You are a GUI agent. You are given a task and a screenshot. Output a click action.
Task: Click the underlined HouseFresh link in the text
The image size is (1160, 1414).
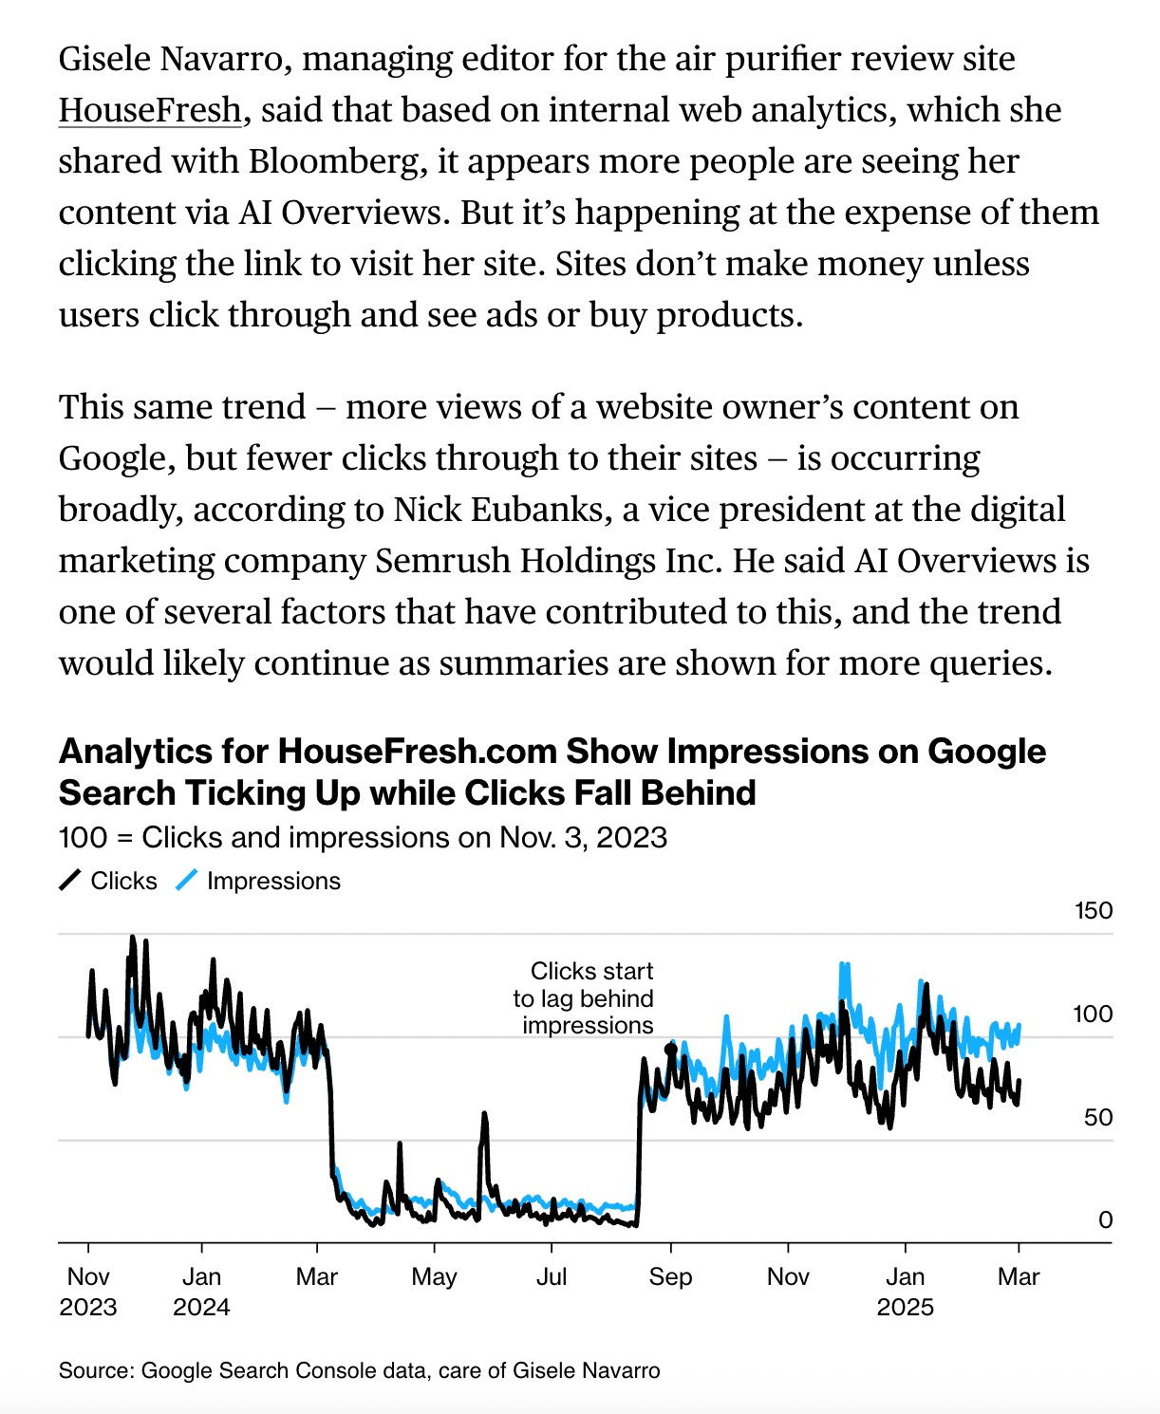(x=150, y=110)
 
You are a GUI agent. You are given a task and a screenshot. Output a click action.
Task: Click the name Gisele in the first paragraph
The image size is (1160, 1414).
(x=103, y=59)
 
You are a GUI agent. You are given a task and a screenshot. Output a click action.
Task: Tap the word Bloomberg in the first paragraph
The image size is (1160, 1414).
(x=334, y=161)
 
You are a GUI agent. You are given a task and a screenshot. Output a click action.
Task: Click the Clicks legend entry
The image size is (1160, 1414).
(x=109, y=881)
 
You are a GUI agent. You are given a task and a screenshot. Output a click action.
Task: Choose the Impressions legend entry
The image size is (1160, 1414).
(x=258, y=881)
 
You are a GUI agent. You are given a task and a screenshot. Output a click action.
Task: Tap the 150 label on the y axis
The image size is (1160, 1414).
(x=1093, y=911)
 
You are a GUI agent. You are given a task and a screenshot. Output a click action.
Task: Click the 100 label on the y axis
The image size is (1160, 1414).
(x=1093, y=1014)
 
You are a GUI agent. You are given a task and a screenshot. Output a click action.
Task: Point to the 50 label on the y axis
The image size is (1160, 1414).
(x=1098, y=1117)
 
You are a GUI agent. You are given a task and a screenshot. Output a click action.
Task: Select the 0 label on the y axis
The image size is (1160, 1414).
(x=1105, y=1219)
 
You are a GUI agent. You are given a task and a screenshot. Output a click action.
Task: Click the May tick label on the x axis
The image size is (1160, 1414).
(x=434, y=1276)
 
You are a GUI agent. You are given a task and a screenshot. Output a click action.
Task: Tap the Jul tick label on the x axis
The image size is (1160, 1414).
(x=552, y=1276)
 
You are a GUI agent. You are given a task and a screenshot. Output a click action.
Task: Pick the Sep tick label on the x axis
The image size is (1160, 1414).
(x=670, y=1276)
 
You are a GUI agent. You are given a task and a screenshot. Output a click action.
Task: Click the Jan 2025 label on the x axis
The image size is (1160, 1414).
(x=906, y=1292)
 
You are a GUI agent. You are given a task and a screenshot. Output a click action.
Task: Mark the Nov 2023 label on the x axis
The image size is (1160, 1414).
(x=88, y=1292)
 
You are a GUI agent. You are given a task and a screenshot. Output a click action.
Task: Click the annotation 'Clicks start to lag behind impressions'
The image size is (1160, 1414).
(x=584, y=998)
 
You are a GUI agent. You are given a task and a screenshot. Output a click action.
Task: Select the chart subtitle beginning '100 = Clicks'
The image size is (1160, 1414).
(x=363, y=838)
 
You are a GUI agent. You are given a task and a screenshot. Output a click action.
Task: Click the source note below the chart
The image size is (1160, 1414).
(x=359, y=1370)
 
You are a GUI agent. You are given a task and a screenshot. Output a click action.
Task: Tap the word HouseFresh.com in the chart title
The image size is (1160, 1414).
(x=417, y=752)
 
